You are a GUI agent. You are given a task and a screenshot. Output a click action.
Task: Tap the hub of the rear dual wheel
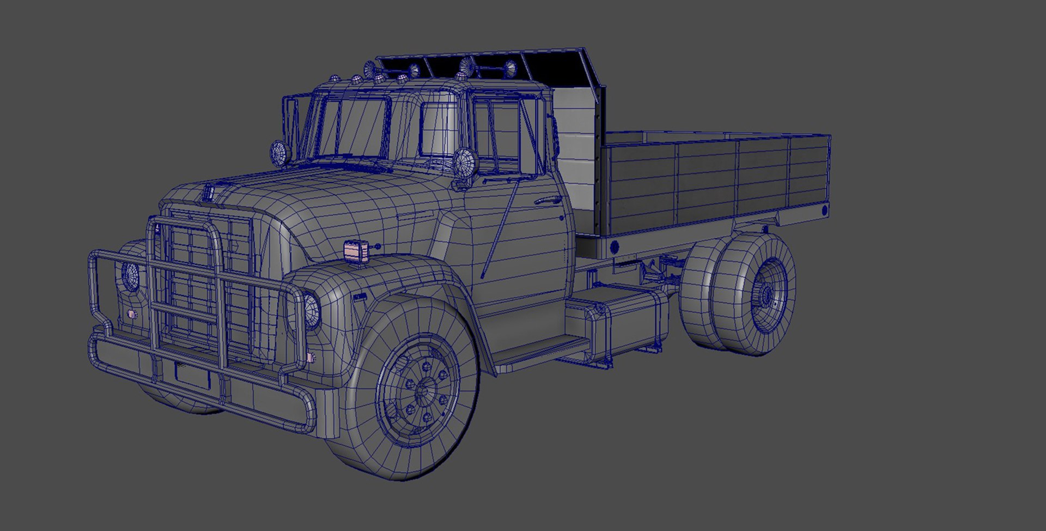[767, 296]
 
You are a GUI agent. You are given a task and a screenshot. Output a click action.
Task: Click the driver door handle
[547, 201]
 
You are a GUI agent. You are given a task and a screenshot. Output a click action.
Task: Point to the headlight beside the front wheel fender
[311, 311]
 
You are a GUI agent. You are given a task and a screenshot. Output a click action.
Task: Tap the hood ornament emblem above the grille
[208, 192]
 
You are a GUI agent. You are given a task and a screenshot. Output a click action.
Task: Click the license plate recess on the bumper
[192, 375]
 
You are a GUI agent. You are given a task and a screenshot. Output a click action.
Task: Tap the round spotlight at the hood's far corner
[279, 151]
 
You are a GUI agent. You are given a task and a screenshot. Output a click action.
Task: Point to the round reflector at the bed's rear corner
[824, 209]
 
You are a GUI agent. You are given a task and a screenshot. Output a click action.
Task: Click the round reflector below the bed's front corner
[615, 246]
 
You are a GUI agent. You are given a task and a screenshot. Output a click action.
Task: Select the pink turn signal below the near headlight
[311, 358]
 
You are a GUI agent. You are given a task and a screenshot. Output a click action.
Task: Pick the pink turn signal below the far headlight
[131, 315]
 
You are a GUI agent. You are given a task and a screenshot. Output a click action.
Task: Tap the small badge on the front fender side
[360, 297]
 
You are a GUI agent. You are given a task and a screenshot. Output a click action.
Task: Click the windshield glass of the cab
[360, 128]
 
